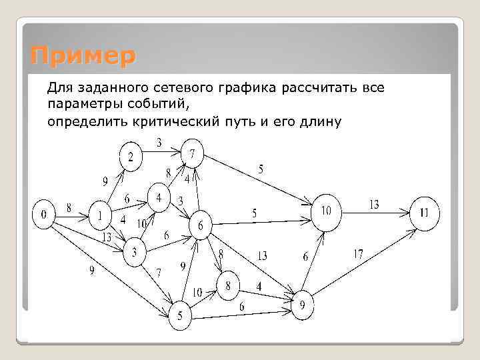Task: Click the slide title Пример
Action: tap(82, 55)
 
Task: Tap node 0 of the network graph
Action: tap(44, 215)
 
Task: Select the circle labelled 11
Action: tap(424, 213)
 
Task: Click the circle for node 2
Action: tap(131, 157)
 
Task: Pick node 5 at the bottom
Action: tap(179, 315)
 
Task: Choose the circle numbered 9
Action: tap(302, 305)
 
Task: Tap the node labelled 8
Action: tap(228, 285)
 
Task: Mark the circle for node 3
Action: tap(135, 253)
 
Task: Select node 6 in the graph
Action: tap(199, 226)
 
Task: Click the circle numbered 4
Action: tap(159, 198)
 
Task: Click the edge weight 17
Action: tap(359, 253)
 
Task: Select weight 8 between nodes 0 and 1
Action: tap(69, 207)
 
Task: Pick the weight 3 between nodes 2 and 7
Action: tap(159, 142)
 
